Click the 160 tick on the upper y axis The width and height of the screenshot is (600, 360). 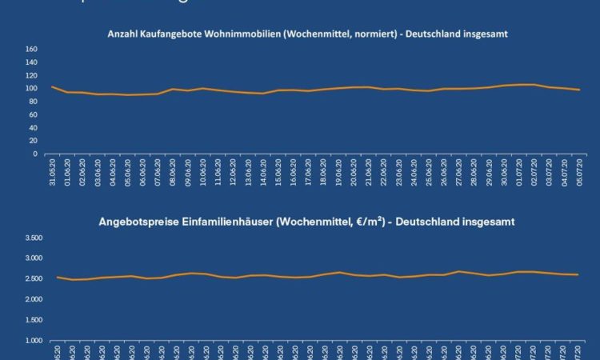coord(32,50)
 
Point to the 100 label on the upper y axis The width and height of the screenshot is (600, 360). coord(32,88)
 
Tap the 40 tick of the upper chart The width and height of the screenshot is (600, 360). coord(34,127)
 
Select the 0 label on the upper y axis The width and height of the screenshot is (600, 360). coord(35,153)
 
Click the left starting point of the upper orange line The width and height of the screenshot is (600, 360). coord(52,86)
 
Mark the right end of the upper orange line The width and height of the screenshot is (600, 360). coord(579,90)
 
